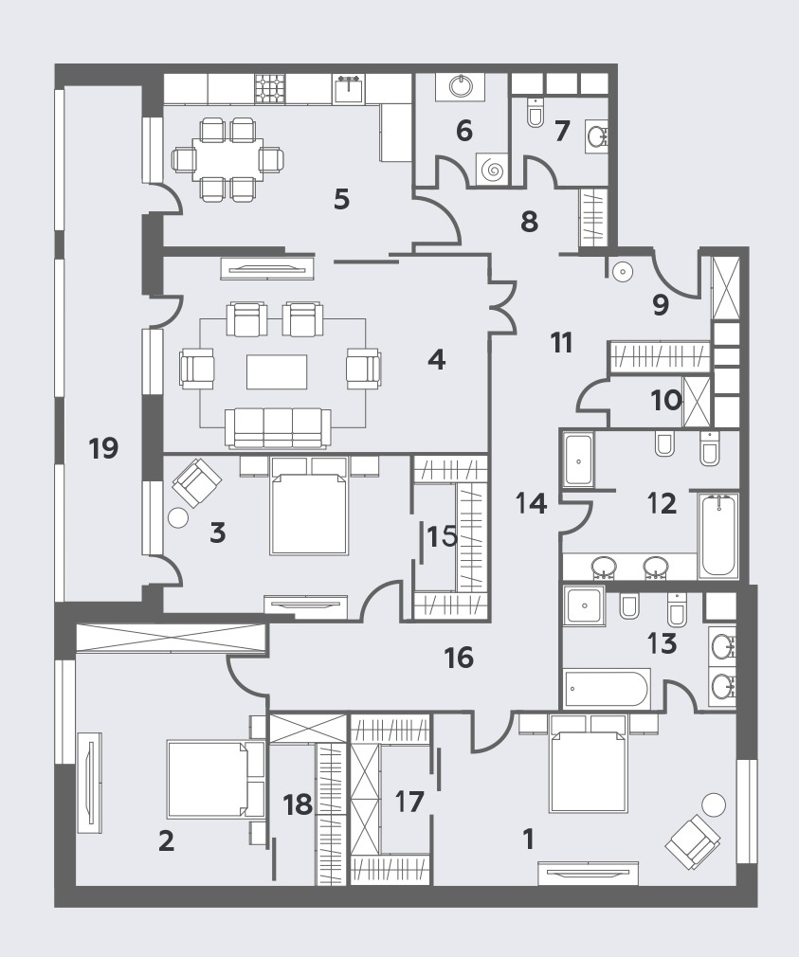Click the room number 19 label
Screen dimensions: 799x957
[103, 448]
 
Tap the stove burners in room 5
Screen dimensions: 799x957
[270, 88]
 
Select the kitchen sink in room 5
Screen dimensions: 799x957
[349, 88]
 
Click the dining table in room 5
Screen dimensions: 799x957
[227, 159]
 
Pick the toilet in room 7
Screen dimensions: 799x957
[536, 112]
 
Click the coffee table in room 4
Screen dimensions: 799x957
[277, 371]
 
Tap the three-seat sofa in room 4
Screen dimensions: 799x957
[278, 427]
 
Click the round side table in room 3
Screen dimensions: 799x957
[179, 517]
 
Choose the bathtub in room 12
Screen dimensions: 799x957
[717, 536]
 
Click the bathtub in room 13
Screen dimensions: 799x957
[606, 689]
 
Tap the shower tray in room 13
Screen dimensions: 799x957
[585, 605]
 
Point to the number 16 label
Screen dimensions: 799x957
[459, 658]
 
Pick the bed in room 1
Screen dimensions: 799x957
[589, 764]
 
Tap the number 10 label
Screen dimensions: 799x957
[666, 401]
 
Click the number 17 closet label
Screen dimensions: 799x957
[409, 802]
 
